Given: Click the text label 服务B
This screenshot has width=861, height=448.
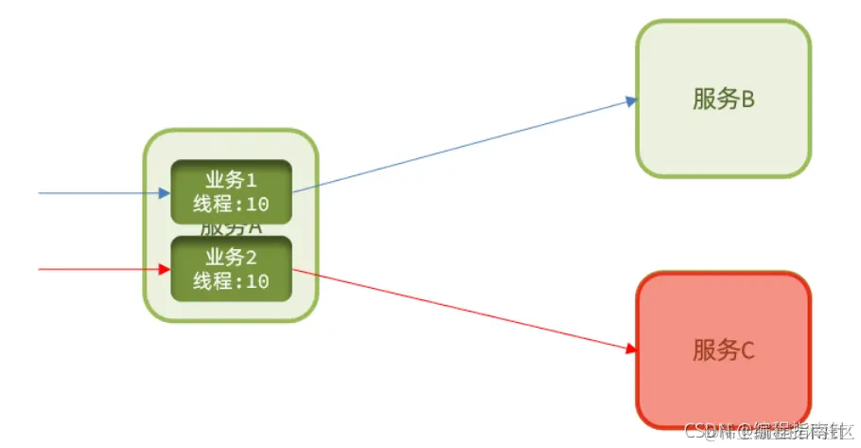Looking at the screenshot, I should click(723, 99).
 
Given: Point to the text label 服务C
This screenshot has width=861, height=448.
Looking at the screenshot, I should click(723, 350).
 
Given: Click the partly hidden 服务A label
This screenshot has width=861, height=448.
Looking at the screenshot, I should click(231, 228).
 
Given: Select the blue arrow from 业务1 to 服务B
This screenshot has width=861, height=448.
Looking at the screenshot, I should click(464, 144).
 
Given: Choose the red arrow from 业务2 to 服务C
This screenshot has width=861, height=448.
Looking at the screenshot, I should click(464, 311).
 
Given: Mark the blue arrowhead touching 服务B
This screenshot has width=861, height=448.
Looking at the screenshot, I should click(631, 100).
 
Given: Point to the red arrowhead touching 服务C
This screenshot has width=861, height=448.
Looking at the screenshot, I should click(631, 349).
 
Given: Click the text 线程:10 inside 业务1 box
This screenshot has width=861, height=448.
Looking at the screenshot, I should click(231, 205).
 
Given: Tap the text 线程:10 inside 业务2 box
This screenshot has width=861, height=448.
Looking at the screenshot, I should click(231, 281).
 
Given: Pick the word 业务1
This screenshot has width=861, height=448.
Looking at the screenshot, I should click(231, 180).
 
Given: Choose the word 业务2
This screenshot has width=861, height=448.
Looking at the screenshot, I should click(231, 257).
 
